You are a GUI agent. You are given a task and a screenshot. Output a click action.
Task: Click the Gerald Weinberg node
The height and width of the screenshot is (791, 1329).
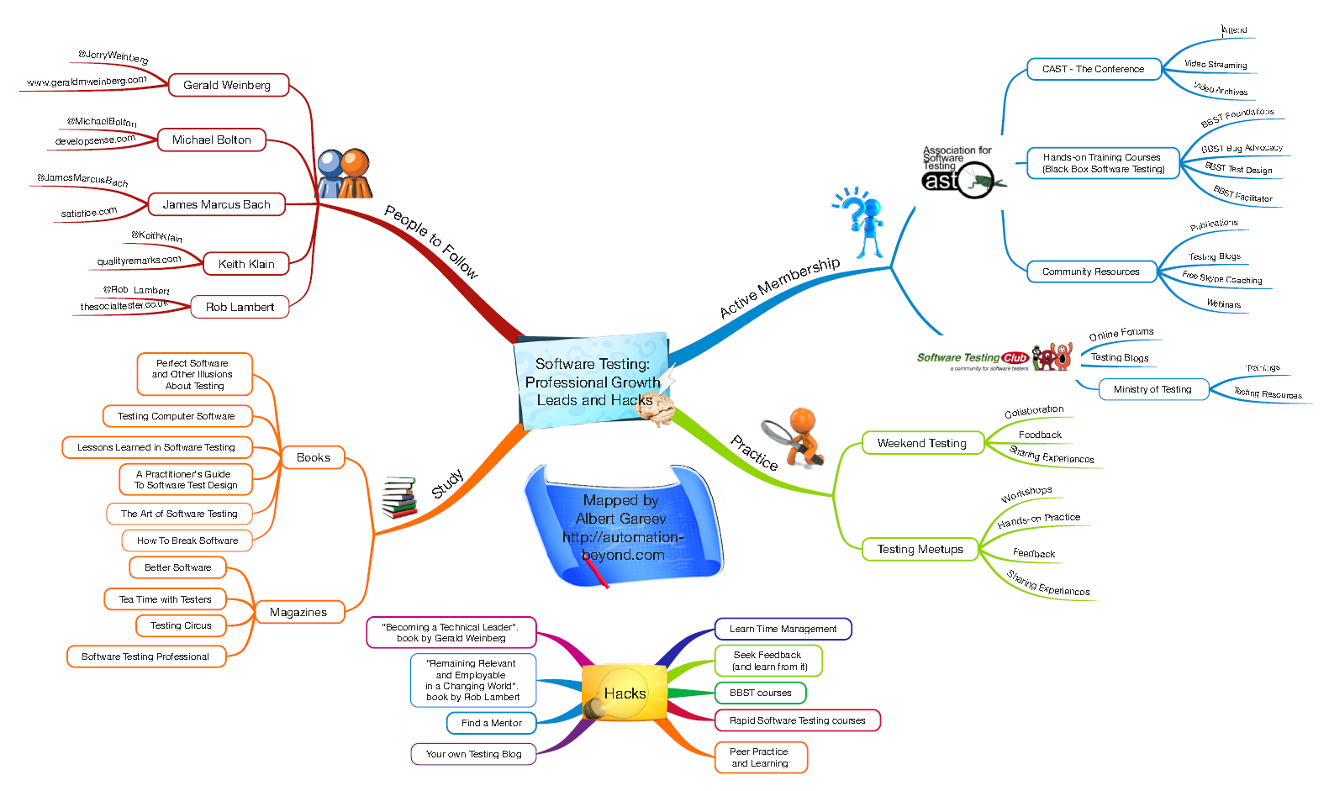pyautogui.click(x=228, y=85)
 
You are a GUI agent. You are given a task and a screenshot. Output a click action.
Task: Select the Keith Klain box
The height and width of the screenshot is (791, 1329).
pyautogui.click(x=246, y=264)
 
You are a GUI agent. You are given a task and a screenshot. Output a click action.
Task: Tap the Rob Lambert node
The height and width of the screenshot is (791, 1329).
pyautogui.click(x=240, y=307)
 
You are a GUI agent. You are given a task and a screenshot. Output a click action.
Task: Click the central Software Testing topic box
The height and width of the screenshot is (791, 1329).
pyautogui.click(x=593, y=382)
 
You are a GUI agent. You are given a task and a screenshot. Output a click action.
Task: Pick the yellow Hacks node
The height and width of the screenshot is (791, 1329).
pyautogui.click(x=625, y=693)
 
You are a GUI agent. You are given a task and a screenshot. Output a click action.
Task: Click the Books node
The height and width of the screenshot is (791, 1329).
pyautogui.click(x=314, y=457)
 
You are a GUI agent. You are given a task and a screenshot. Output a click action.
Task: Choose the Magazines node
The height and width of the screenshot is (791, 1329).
pyautogui.click(x=298, y=612)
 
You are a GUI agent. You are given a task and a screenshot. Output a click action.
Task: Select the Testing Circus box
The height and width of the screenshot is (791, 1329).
pyautogui.click(x=181, y=625)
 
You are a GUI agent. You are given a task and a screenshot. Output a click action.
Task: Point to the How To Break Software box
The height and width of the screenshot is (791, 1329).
pyautogui.click(x=187, y=541)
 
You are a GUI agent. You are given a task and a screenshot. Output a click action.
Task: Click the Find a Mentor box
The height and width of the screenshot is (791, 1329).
pyautogui.click(x=492, y=723)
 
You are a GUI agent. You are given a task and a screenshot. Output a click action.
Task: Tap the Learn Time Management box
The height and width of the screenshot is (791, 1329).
pyautogui.click(x=783, y=629)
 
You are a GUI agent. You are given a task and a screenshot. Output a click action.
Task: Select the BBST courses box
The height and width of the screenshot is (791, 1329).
pyautogui.click(x=761, y=693)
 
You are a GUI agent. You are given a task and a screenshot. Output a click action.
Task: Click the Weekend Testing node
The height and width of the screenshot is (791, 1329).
pyautogui.click(x=922, y=443)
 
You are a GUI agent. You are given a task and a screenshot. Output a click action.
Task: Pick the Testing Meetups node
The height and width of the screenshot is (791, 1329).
pyautogui.click(x=920, y=549)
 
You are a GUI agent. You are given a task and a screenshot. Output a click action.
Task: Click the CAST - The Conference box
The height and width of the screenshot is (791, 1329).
pyautogui.click(x=1094, y=69)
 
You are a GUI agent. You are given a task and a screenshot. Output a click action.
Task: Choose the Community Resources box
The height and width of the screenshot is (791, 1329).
pyautogui.click(x=1091, y=272)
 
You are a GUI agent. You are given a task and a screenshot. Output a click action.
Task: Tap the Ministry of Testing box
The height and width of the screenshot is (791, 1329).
pyautogui.click(x=1152, y=389)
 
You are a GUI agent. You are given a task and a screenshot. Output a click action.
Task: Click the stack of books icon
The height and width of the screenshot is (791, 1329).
pyautogui.click(x=399, y=498)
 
